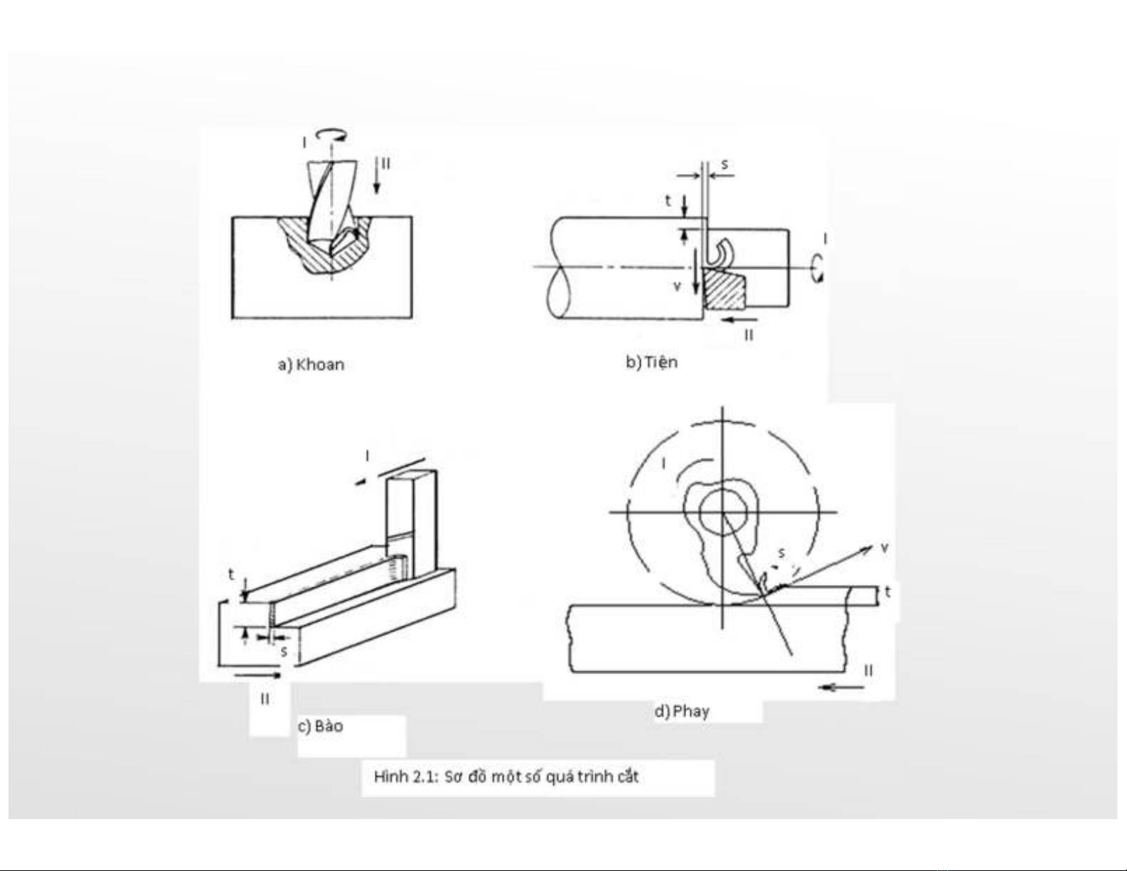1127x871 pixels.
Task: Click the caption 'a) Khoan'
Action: pyautogui.click(x=311, y=365)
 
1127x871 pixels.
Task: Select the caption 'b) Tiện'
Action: pyautogui.click(x=651, y=361)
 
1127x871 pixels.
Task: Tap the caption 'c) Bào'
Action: pyautogui.click(x=320, y=726)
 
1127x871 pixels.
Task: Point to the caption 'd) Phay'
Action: pyautogui.click(x=681, y=711)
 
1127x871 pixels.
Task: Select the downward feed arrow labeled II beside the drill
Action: pyautogui.click(x=377, y=176)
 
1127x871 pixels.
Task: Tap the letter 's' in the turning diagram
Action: pyautogui.click(x=724, y=164)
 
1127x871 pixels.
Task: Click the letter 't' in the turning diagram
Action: pyautogui.click(x=668, y=200)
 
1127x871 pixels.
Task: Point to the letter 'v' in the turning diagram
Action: pyautogui.click(x=677, y=286)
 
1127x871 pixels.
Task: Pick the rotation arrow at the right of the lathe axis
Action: pyautogui.click(x=818, y=269)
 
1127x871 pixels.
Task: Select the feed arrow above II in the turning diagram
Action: pyautogui.click(x=740, y=320)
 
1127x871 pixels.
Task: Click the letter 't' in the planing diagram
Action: pyautogui.click(x=231, y=575)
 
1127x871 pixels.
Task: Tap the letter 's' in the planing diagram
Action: pyautogui.click(x=284, y=652)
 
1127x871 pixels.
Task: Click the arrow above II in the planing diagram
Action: pyautogui.click(x=257, y=675)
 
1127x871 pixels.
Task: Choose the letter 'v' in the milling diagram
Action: pyautogui.click(x=885, y=547)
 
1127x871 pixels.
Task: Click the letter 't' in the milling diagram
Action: pyautogui.click(x=888, y=592)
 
